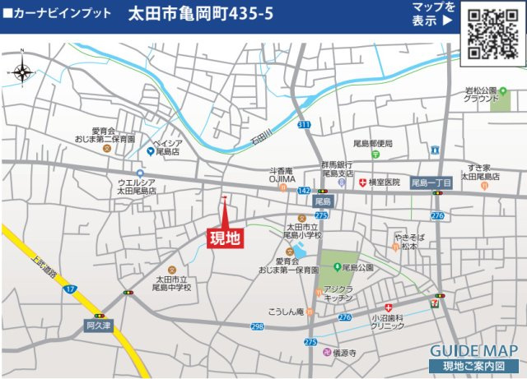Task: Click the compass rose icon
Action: pos(21,73)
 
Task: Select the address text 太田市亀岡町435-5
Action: pos(201,15)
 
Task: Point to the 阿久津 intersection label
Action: pos(98,326)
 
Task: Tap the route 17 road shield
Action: pos(71,289)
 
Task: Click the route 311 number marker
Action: pos(304,125)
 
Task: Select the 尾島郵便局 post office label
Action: pos(373,143)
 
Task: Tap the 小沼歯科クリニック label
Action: pos(387,321)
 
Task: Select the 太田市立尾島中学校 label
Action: pos(172,284)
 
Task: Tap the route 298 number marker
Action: pos(258,326)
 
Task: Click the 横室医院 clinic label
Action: pos(384,182)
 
